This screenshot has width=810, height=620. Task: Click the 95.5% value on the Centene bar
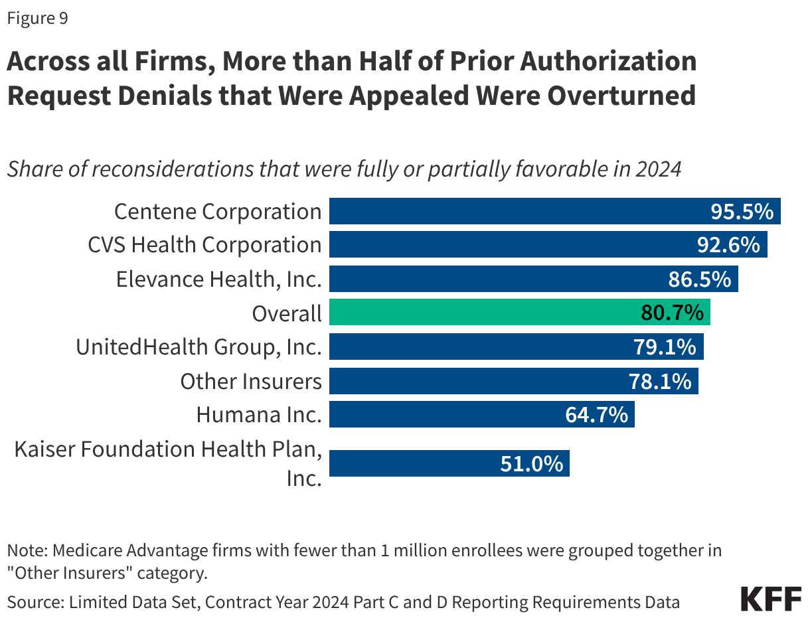742,211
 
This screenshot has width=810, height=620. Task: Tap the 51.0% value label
531,463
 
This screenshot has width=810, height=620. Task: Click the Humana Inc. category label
258,415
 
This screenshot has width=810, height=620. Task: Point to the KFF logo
771,599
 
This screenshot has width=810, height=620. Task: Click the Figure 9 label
37,19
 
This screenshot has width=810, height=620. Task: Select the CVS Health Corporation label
204,245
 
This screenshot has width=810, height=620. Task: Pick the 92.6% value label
728,245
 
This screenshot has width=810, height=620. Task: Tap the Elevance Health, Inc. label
218,279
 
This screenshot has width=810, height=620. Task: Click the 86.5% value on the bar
699,279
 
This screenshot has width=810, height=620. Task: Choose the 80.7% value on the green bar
672,313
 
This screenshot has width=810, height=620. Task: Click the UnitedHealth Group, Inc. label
199,347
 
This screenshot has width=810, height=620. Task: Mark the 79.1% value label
665,347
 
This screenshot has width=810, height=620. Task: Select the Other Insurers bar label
250,381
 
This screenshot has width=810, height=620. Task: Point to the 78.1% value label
659,381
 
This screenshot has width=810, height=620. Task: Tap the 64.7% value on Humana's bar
596,415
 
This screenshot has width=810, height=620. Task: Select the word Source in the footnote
31,602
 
